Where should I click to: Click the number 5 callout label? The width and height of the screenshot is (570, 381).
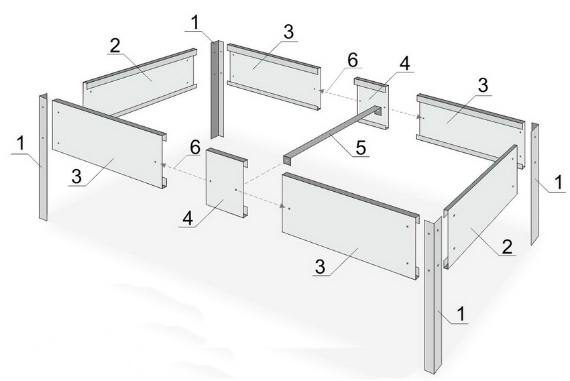click(x=360, y=148)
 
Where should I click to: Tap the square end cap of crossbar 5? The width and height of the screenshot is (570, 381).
click(x=287, y=160)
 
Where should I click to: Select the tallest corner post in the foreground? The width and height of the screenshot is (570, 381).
click(x=433, y=294)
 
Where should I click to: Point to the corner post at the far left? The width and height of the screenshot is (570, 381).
click(x=44, y=157)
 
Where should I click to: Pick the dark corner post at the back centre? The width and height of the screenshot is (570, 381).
click(x=217, y=89)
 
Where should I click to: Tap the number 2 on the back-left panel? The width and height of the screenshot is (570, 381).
click(x=115, y=46)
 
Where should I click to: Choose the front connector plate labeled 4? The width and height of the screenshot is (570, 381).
click(x=227, y=182)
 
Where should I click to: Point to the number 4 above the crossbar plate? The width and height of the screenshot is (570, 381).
click(x=404, y=64)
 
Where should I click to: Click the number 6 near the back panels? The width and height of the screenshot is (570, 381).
click(x=352, y=60)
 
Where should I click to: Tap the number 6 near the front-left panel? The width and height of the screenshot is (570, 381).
click(x=194, y=148)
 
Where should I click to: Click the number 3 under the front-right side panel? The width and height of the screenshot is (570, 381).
click(x=320, y=267)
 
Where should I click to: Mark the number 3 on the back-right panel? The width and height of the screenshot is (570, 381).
click(x=483, y=86)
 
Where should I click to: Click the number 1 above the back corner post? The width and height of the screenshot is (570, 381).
click(x=196, y=23)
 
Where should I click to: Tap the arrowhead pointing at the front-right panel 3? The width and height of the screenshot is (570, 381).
click(x=282, y=207)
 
